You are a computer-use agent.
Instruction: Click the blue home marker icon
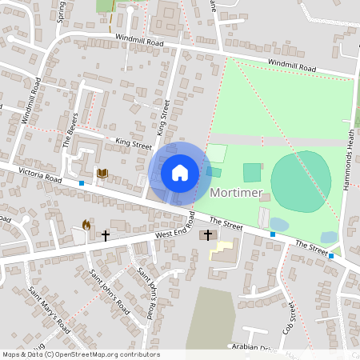pos(180,173)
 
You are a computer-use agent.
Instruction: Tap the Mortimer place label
pos(238,193)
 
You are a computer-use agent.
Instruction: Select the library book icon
pos(102,173)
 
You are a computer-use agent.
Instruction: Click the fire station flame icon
pos(86,226)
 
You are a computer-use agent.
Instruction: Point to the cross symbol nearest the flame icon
pos(105,235)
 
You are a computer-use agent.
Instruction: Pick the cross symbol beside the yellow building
pos(209,234)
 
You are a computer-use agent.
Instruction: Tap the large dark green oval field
pos(301,181)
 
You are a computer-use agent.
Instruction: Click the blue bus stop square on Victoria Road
pos(82,183)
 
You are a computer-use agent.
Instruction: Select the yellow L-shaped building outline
pos(222,249)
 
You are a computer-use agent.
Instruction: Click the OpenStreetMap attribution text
pos(80,354)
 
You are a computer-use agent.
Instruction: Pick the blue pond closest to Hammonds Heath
pos(329,237)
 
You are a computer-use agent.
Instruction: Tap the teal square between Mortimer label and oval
pos(252,172)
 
